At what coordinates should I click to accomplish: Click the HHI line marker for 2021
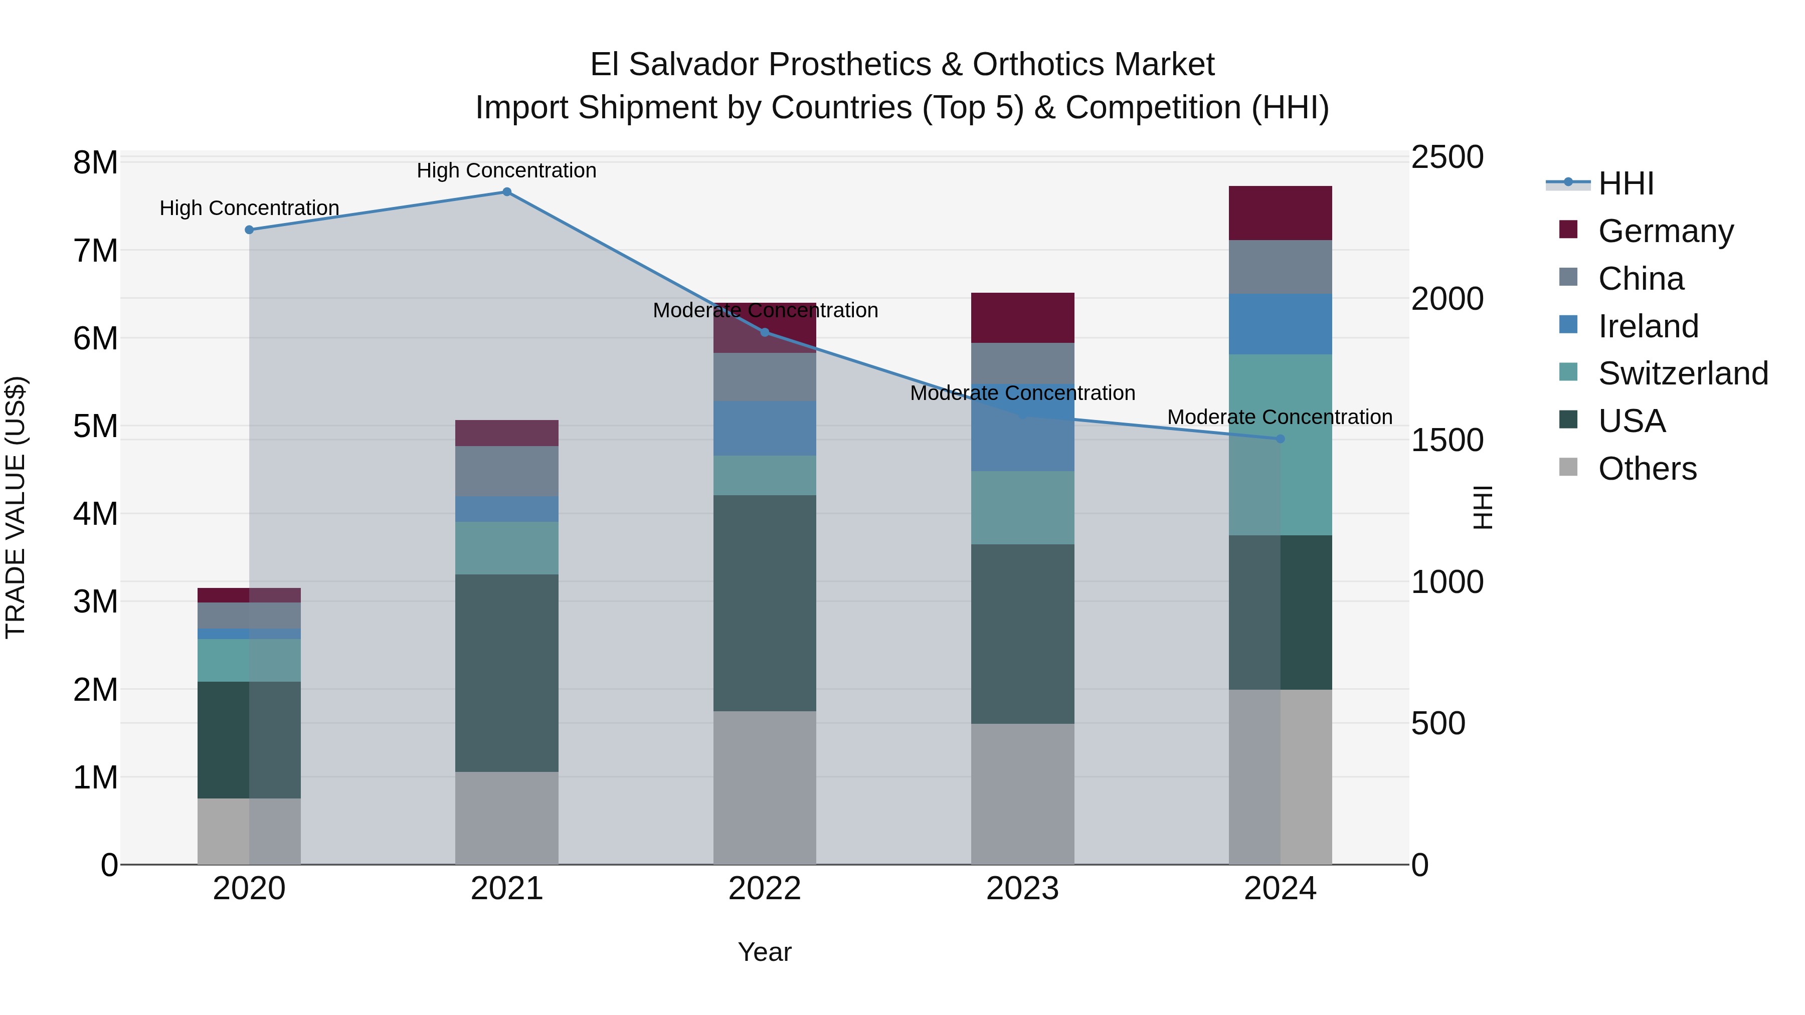506,192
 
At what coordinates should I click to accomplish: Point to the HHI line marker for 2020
250,230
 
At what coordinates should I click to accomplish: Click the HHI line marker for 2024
1280,439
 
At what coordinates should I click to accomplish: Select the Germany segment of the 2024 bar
1280,213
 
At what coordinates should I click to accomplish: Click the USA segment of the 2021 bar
506,673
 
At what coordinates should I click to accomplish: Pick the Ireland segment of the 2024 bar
1280,324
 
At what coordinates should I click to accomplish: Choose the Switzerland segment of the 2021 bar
506,548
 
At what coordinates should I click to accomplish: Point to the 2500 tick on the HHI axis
1447,157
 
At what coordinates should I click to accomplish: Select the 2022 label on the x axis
765,889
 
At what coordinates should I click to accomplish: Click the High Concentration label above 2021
506,170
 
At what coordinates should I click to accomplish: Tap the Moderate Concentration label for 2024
1280,417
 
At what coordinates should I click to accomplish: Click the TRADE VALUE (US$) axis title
16,507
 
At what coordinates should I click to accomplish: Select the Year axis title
765,952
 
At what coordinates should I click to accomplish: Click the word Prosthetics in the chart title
850,65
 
